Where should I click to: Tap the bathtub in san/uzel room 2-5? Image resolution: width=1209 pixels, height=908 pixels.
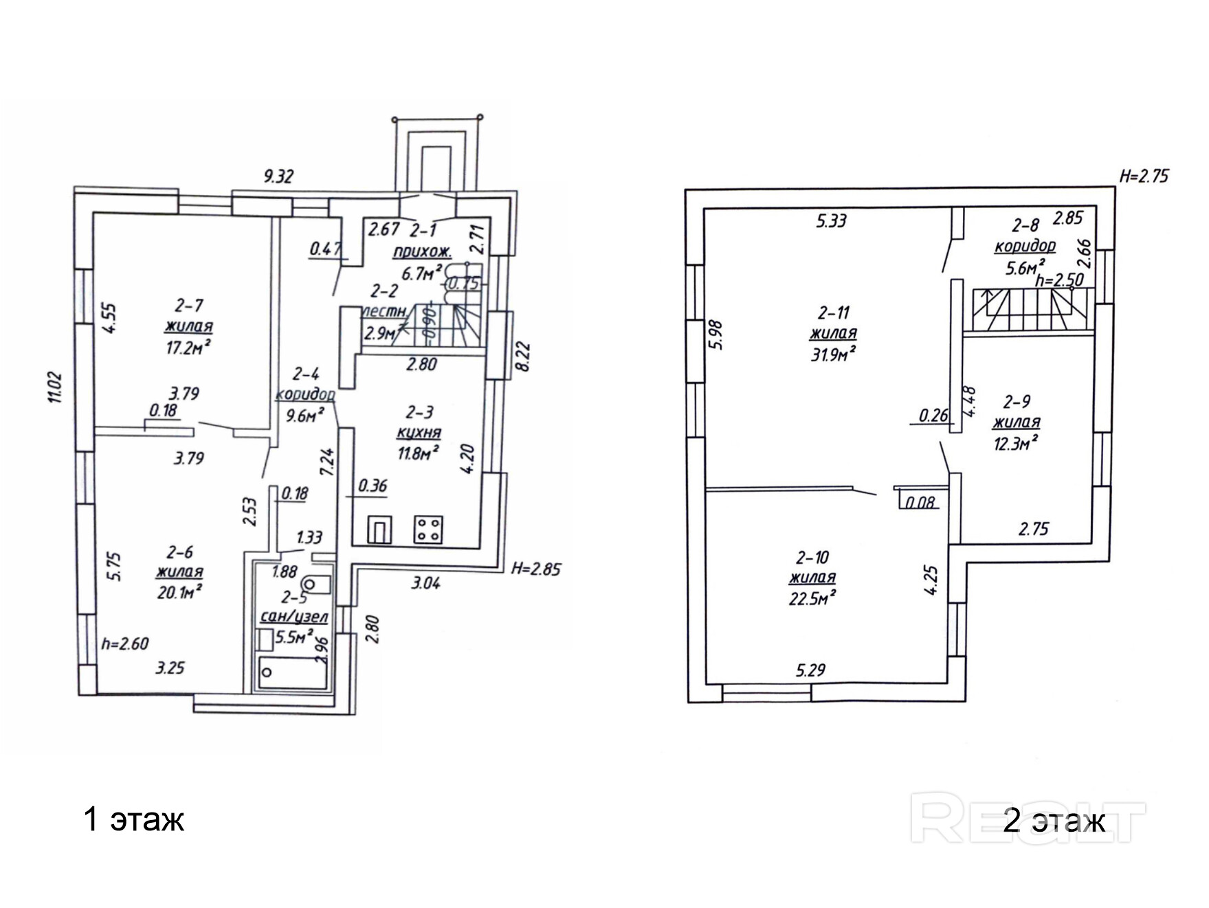[x=291, y=672]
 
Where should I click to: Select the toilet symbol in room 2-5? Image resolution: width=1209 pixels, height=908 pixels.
[x=316, y=584]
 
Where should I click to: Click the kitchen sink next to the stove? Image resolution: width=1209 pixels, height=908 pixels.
[x=380, y=530]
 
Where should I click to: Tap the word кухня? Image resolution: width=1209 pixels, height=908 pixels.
[x=419, y=433]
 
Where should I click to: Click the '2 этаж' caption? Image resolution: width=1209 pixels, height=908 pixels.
[x=1054, y=820]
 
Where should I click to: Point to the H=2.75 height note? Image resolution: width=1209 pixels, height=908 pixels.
[x=1144, y=176]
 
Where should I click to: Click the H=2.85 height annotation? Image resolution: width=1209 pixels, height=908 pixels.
[x=536, y=569]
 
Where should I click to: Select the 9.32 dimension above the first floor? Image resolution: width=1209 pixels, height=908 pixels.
[x=279, y=177]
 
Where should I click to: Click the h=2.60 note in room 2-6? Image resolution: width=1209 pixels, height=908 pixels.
[x=125, y=644]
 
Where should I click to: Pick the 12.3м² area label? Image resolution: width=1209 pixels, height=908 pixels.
[x=1016, y=444]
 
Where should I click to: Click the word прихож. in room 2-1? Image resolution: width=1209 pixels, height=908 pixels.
[x=422, y=252]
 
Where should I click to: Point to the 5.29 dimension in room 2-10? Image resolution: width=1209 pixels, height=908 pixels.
[x=811, y=670]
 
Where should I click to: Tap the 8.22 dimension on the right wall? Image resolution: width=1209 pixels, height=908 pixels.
[x=523, y=358]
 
